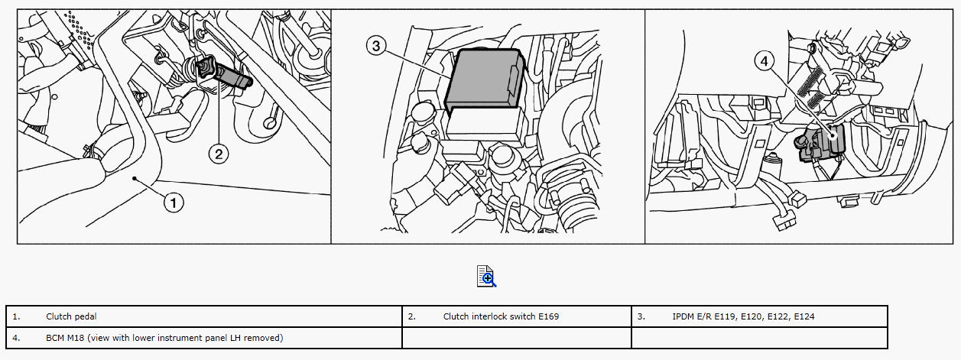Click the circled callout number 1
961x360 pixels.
coord(174,203)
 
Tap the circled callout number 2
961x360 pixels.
coord(219,154)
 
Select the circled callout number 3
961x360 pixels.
coord(376,46)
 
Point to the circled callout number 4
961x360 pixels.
coord(765,61)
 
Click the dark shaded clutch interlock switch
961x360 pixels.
coord(224,74)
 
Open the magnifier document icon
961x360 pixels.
coord(486,276)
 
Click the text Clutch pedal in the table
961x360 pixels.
coord(71,316)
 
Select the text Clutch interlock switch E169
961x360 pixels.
coord(501,316)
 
